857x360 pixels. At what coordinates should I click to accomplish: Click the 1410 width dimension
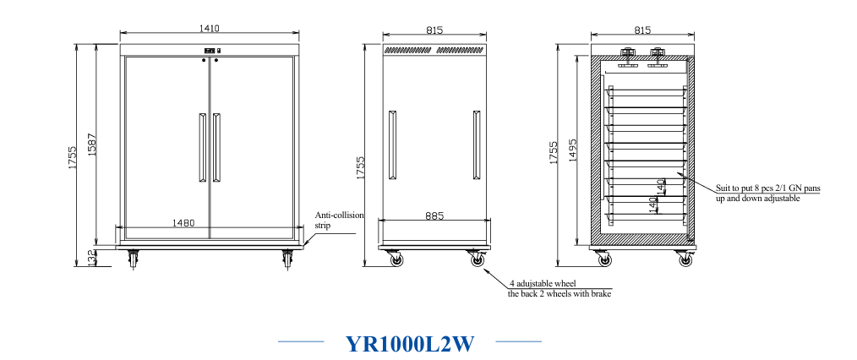pyautogui.click(x=209, y=29)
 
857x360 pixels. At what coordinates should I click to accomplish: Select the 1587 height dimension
pyautogui.click(x=92, y=145)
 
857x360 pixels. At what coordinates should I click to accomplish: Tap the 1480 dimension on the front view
pyautogui.click(x=183, y=223)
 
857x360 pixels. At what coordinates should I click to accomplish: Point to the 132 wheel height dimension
pyautogui.click(x=91, y=259)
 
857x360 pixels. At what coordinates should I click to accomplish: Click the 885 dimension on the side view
pyautogui.click(x=434, y=215)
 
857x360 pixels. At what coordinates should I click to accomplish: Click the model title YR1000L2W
pyautogui.click(x=410, y=344)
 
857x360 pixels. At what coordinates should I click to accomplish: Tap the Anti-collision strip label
pyautogui.click(x=339, y=221)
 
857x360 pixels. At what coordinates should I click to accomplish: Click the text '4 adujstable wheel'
pyautogui.click(x=543, y=284)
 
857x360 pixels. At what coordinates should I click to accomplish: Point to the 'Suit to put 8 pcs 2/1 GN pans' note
pyautogui.click(x=768, y=188)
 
